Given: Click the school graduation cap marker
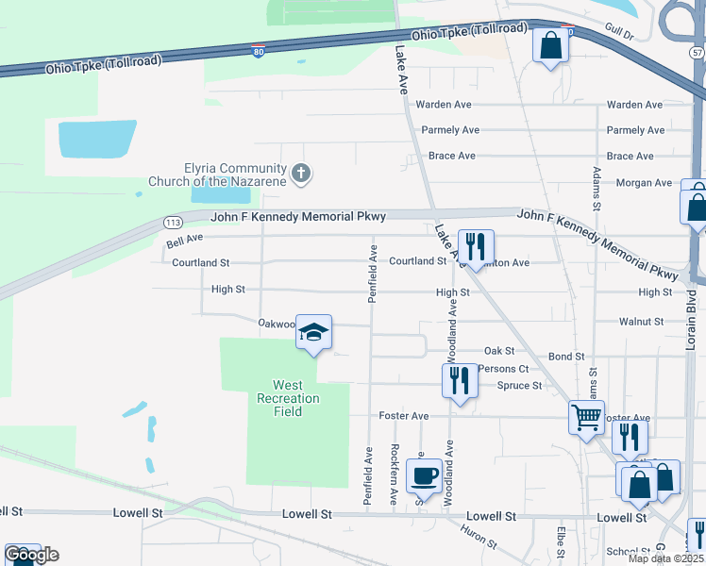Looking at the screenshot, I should coord(314,333).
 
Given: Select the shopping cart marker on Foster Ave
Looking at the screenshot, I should coord(586,416).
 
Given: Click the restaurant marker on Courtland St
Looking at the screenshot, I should coord(476,247).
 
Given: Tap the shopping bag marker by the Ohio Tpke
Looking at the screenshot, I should coord(551,45).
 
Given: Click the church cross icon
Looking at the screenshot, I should coord(301,173).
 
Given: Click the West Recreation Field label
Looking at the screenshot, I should coord(287,398).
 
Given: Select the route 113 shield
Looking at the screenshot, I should coord(172,223).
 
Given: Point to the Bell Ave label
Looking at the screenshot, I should coord(184,242).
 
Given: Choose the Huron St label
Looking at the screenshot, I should coord(479,537).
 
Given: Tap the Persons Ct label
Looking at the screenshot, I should coord(503,369).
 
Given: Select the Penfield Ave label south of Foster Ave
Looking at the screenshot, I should coord(367,467).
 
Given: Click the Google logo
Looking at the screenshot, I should coord(31,555).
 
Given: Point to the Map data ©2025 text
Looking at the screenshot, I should coord(664,558).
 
